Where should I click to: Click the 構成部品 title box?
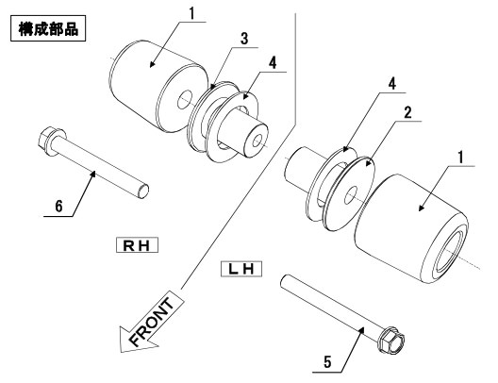[48, 28]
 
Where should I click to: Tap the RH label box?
[137, 245]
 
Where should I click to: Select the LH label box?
[241, 269]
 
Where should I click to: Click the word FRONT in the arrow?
[152, 323]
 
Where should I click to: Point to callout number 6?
[58, 206]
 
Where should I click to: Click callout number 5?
[327, 362]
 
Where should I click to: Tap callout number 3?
[244, 39]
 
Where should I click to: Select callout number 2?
[407, 112]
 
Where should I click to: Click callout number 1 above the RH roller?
[191, 13]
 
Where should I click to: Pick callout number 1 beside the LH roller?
[460, 158]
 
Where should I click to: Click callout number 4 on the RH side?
[273, 63]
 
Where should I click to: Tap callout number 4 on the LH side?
[392, 84]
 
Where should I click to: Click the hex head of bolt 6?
[48, 141]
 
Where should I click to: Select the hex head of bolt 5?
[391, 341]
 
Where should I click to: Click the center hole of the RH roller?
[185, 100]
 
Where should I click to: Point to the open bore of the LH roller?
[451, 252]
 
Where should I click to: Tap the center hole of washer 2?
[351, 195]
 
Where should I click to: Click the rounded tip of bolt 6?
[144, 191]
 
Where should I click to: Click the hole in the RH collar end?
[257, 141]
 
